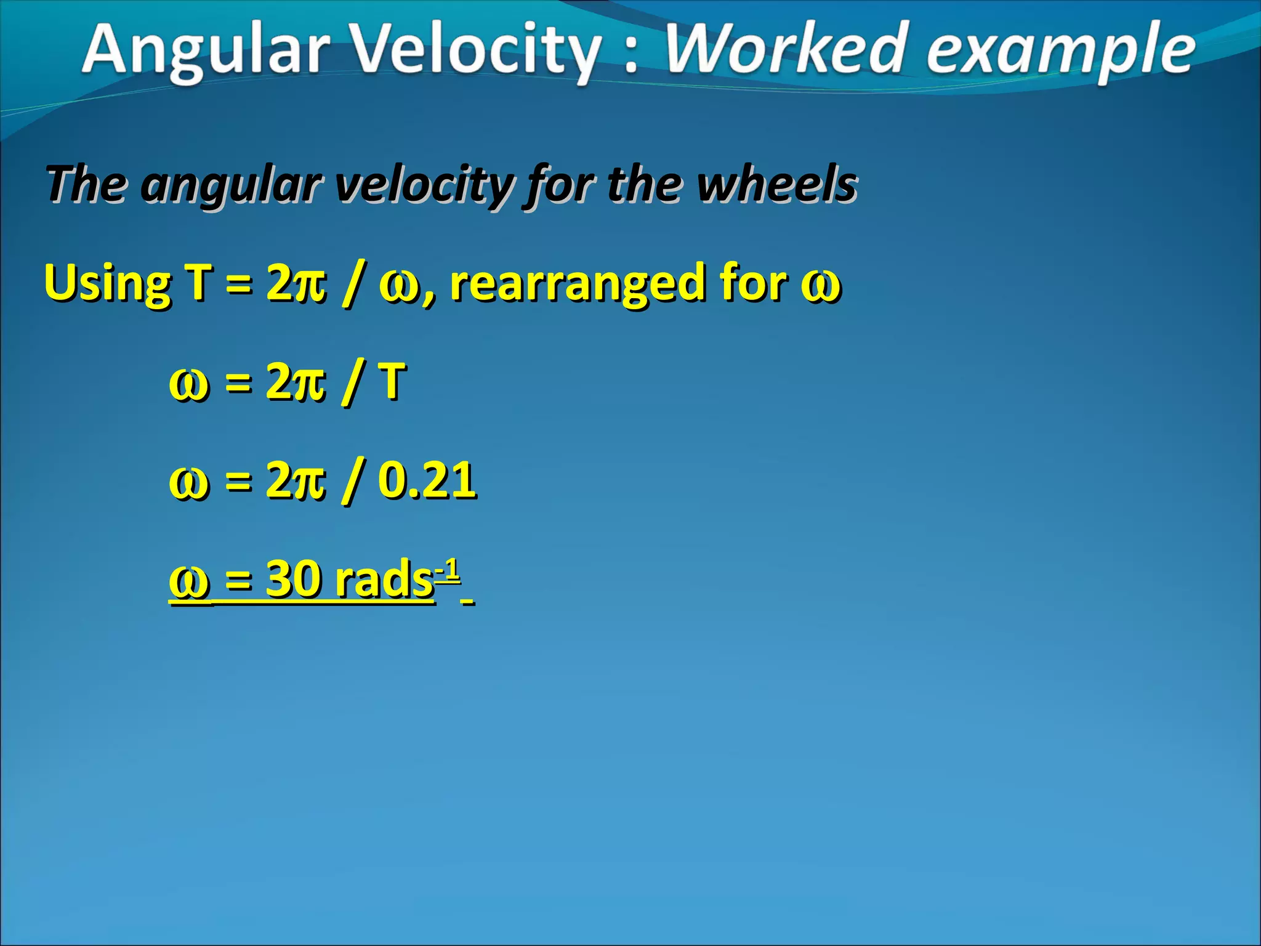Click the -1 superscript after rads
click(x=448, y=570)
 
